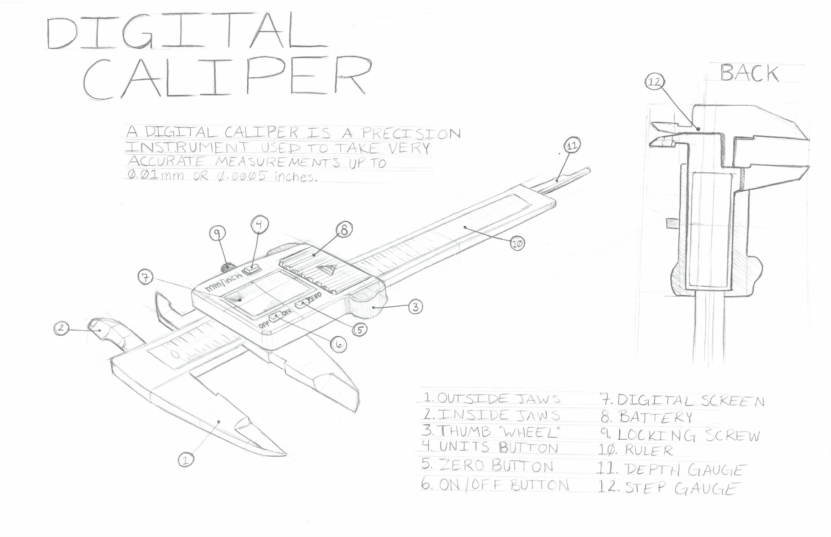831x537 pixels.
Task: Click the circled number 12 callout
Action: tap(654, 82)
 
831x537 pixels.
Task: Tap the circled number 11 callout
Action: tap(572, 146)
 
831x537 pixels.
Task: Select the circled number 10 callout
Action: tap(517, 244)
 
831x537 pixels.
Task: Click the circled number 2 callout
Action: tap(61, 328)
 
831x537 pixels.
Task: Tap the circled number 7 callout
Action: tap(146, 277)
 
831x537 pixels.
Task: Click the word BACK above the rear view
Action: tap(750, 74)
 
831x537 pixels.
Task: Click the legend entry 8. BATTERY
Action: tap(646, 417)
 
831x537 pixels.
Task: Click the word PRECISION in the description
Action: tap(411, 133)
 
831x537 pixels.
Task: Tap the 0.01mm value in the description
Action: tap(156, 174)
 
